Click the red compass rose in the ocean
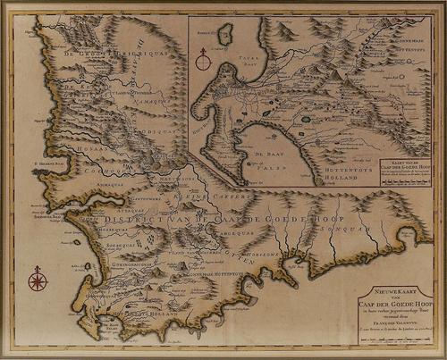(x=38, y=280)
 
